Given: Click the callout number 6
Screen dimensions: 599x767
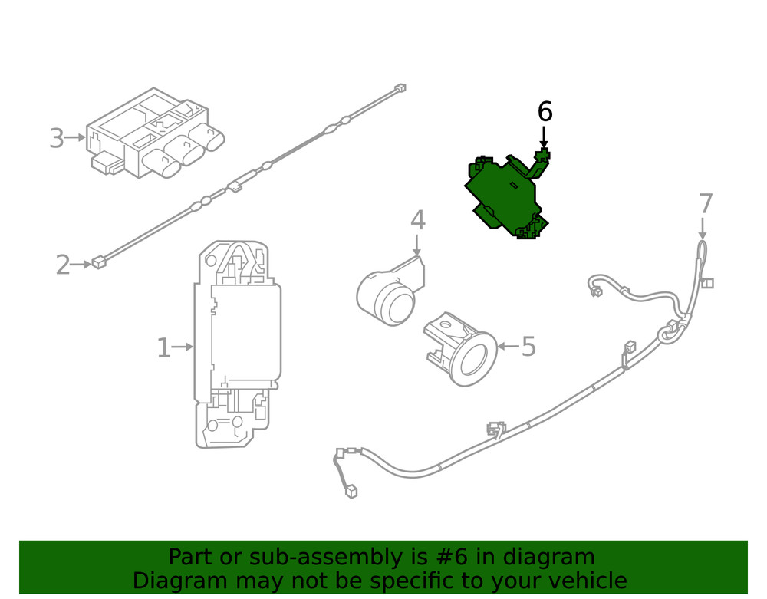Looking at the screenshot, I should click(x=545, y=112).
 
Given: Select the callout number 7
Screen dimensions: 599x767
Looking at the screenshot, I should click(x=706, y=205).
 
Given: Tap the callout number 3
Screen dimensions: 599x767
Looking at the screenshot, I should click(x=56, y=138).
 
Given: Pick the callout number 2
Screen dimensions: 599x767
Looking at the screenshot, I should click(x=63, y=265).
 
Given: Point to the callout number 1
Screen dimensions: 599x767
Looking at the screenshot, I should click(x=163, y=347).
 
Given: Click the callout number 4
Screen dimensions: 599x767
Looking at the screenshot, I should click(x=417, y=221).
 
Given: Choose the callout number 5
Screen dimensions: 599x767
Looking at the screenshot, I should click(x=528, y=347).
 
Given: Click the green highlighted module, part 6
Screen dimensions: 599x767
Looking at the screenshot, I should click(x=502, y=196).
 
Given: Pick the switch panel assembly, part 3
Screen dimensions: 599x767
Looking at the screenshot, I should click(x=153, y=138).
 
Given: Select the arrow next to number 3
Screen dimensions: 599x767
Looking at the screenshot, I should click(x=75, y=138).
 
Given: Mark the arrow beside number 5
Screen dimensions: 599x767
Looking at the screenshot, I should click(x=507, y=347).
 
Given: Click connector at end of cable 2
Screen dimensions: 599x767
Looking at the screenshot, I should click(x=97, y=264).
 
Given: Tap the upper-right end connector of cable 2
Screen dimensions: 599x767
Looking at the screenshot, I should click(x=399, y=88).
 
